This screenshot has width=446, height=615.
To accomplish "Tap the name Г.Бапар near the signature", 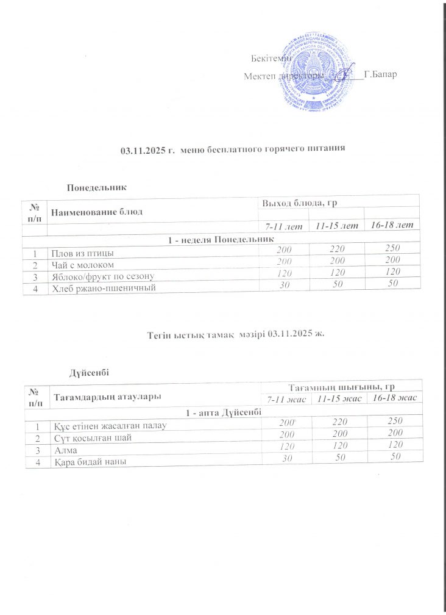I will click(380, 75).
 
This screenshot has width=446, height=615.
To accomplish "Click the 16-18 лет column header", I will click(392, 226).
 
